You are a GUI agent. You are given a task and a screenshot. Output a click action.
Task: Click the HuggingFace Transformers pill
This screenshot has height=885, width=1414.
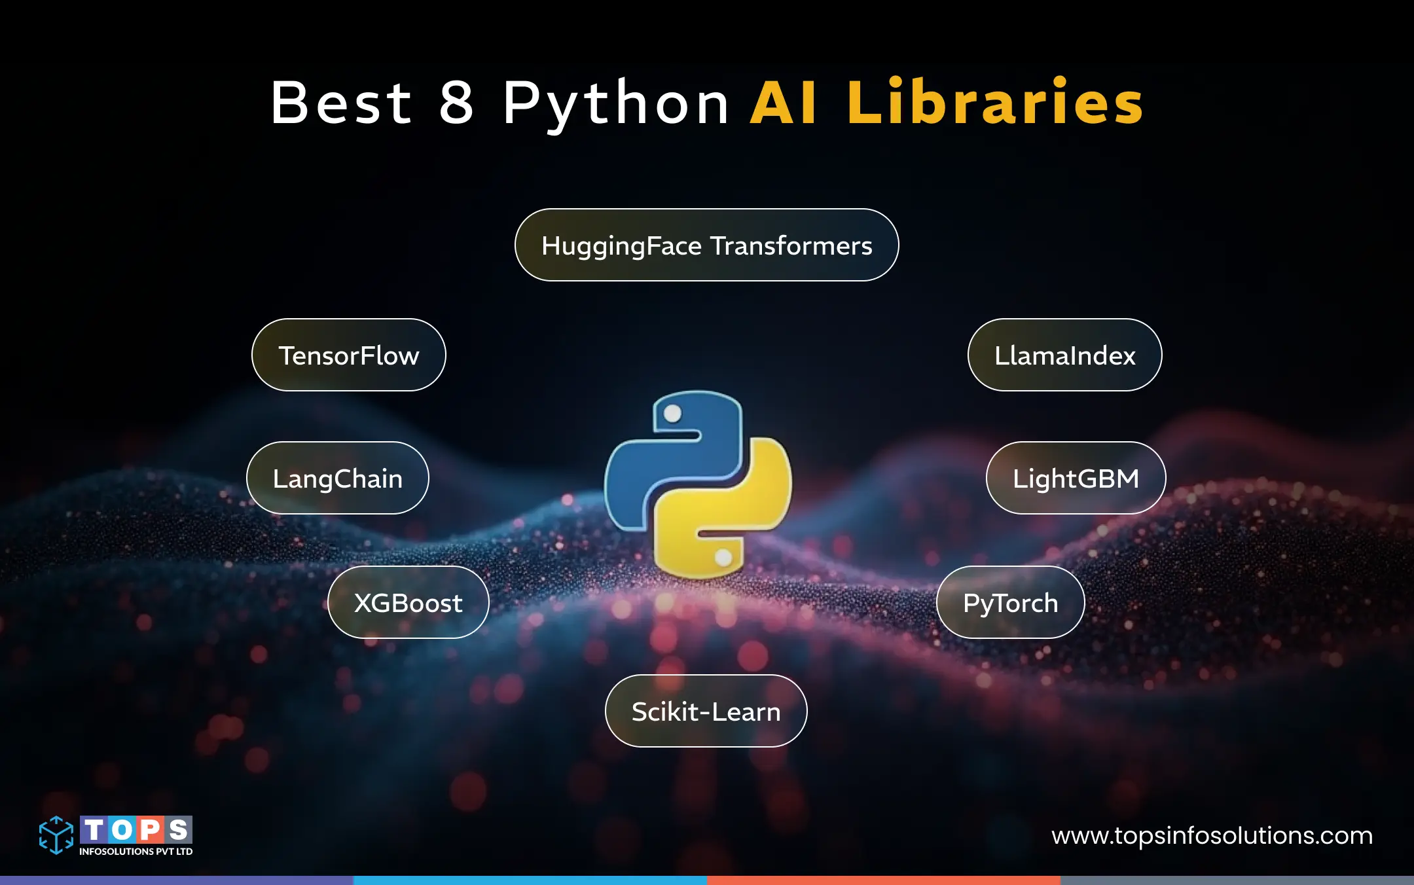pyautogui.click(x=706, y=245)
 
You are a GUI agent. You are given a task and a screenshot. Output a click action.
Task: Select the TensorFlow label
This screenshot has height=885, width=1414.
pyautogui.click(x=348, y=355)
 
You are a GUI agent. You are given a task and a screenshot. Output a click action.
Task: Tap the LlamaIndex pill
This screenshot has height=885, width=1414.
pyautogui.click(x=1064, y=355)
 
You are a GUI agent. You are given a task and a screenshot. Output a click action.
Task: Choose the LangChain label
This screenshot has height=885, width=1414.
pyautogui.click(x=337, y=479)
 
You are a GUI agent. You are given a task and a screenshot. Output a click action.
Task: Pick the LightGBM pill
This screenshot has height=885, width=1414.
pyautogui.click(x=1076, y=479)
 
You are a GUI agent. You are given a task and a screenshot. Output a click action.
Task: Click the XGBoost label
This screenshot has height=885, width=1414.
pyautogui.click(x=408, y=603)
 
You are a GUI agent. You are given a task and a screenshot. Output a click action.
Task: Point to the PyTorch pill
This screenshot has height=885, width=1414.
pyautogui.click(x=1010, y=603)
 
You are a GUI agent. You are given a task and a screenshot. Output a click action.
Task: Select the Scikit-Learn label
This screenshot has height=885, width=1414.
pyautogui.click(x=706, y=712)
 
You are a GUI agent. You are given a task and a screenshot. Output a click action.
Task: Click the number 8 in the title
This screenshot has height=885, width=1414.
pyautogui.click(x=456, y=102)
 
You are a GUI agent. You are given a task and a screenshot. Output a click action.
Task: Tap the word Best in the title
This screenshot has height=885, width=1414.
pyautogui.click(x=341, y=102)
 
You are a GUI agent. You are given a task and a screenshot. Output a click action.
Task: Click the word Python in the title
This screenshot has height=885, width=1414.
pyautogui.click(x=616, y=103)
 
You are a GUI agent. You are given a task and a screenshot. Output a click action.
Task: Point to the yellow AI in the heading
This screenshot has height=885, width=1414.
pyautogui.click(x=784, y=102)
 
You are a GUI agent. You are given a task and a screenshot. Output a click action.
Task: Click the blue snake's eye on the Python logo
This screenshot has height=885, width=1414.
pyautogui.click(x=672, y=414)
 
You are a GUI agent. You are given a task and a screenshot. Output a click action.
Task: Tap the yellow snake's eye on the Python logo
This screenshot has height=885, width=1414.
pyautogui.click(x=723, y=557)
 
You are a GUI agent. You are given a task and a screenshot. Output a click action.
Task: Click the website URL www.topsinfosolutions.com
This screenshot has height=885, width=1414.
pyautogui.click(x=1212, y=836)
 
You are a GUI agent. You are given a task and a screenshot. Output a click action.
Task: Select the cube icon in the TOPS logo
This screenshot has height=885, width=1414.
pyautogui.click(x=56, y=835)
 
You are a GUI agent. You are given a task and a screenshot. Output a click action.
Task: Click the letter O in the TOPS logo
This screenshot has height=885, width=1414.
pyautogui.click(x=122, y=830)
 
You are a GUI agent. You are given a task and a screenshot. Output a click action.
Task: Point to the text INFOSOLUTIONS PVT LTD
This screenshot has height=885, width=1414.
pyautogui.click(x=136, y=852)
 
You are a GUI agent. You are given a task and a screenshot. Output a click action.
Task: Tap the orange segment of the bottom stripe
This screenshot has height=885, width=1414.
pyautogui.click(x=884, y=880)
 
